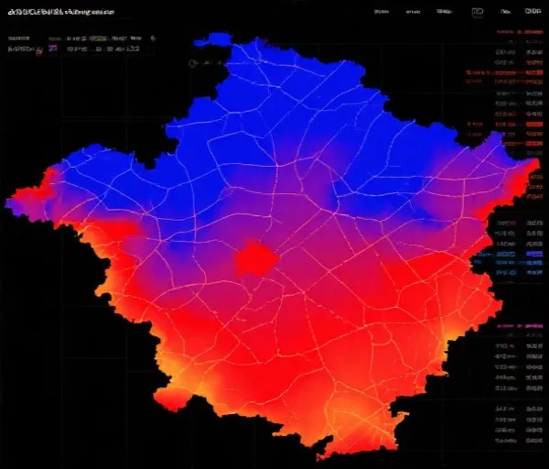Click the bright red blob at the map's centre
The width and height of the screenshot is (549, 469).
255,260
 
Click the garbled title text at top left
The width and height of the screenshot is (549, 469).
61,13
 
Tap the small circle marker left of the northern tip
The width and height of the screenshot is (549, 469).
193,63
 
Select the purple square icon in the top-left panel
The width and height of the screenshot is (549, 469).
52,49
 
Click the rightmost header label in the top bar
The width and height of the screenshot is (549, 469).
533,12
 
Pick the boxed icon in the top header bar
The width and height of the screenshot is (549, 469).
477,12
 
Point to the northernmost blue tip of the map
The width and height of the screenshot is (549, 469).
218,38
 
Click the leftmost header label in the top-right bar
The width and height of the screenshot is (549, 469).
382,12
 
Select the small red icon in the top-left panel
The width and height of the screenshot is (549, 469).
38,50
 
